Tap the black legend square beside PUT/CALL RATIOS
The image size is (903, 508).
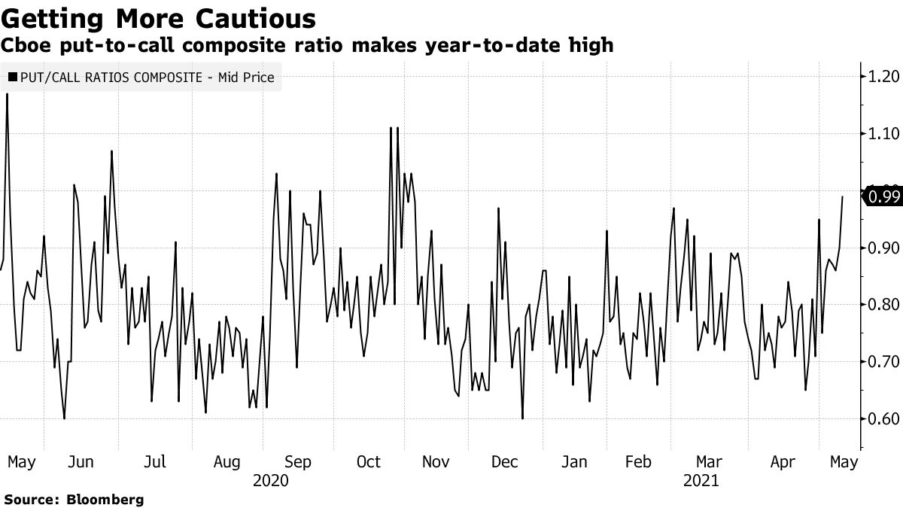13,77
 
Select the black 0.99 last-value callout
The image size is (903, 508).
883,197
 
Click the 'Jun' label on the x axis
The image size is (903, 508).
81,462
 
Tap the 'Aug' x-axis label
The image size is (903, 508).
226,462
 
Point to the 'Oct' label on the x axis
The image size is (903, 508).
369,462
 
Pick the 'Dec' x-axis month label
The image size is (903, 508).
504,462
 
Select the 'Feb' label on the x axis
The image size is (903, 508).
639,462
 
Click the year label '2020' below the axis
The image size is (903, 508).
271,480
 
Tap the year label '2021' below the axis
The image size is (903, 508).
701,480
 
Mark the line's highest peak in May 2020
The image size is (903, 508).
8,94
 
